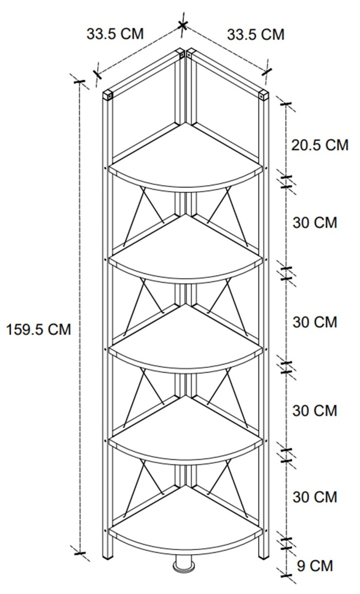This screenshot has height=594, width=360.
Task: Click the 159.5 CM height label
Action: tap(38, 330)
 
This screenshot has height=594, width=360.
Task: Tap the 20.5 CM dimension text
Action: tap(320, 145)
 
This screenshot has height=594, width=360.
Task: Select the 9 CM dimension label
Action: tap(315, 566)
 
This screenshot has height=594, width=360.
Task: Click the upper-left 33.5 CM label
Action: tap(115, 34)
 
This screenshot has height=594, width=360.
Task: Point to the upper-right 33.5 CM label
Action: tap(255, 35)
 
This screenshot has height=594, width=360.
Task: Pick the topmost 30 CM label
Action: tap(315, 223)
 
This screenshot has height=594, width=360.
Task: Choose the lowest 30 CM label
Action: tap(315, 497)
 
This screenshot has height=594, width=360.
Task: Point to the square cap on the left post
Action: tap(108, 94)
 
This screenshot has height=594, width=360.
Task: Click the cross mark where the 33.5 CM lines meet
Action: tap(182, 25)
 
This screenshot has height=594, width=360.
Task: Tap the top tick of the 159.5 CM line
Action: tap(79, 81)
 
